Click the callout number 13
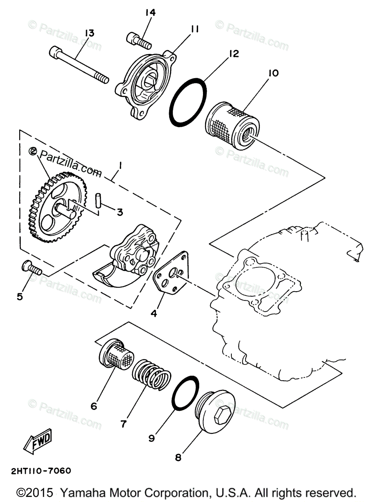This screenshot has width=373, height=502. [89, 33]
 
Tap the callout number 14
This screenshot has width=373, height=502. [150, 13]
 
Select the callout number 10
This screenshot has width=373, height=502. [274, 73]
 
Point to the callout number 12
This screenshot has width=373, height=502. [233, 54]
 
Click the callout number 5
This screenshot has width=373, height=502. [20, 297]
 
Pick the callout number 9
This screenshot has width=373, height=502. [151, 438]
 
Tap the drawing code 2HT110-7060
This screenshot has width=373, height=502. [36, 471]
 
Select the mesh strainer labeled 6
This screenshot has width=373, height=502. [117, 356]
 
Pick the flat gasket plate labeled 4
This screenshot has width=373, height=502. [171, 277]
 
